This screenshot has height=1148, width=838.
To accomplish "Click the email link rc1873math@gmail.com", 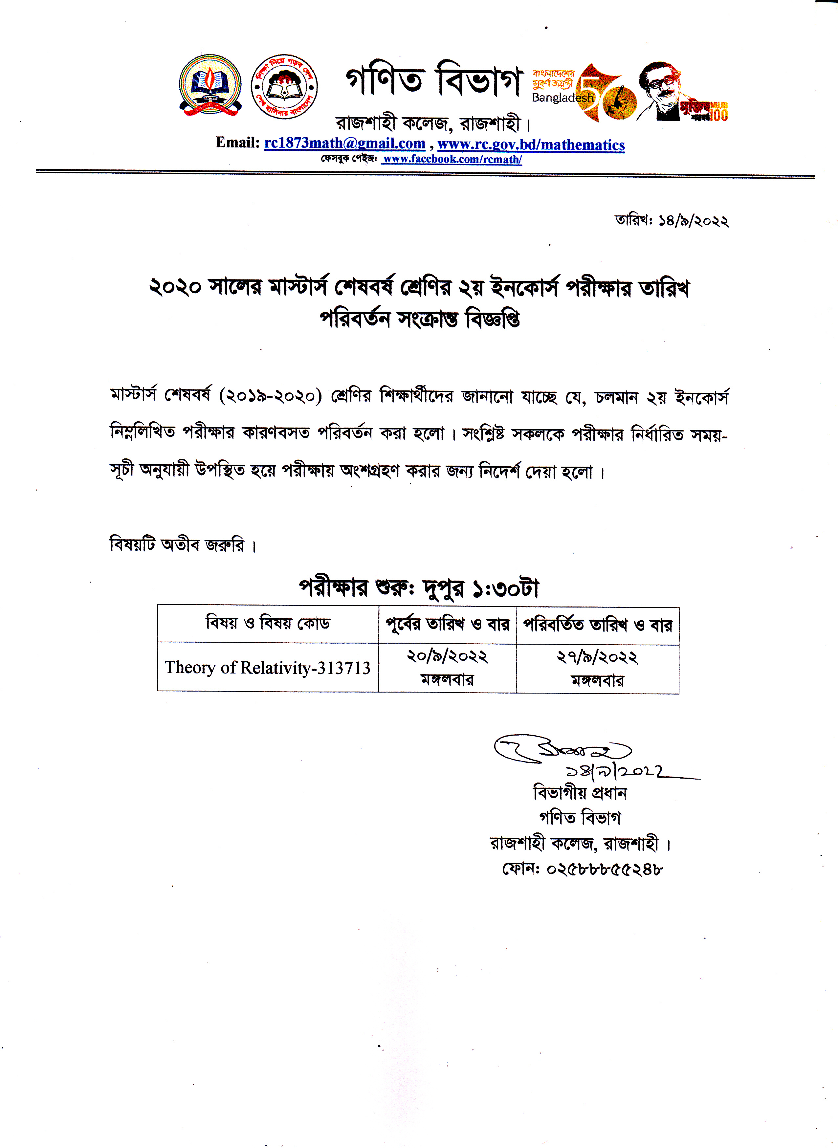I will [x=344, y=143].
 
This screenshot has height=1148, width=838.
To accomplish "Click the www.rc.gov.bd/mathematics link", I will [x=531, y=145].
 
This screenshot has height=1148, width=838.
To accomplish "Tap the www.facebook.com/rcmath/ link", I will [x=452, y=159].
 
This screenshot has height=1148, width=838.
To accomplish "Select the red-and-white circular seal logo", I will [x=285, y=86].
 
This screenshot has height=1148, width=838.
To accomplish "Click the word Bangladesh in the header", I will [x=562, y=98].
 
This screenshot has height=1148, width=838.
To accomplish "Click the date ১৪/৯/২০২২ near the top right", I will [x=694, y=221].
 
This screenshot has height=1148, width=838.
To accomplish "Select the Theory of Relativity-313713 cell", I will [x=267, y=668].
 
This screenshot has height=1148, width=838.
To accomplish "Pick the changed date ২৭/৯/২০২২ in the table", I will [x=597, y=657].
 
